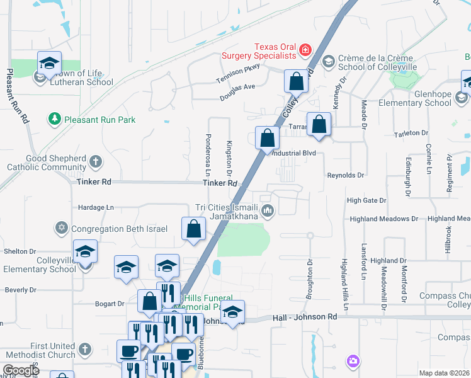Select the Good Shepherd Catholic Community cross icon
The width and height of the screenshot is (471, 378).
(95, 162)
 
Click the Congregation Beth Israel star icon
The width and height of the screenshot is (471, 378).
(62, 228)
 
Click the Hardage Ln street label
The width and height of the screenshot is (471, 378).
(96, 207)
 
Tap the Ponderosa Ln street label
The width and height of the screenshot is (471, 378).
(207, 154)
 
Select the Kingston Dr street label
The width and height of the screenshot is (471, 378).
(229, 157)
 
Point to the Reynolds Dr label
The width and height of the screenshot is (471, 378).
(346, 175)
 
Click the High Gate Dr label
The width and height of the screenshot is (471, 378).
(366, 200)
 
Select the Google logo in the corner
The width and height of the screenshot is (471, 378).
(20, 370)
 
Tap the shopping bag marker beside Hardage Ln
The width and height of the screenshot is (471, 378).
(194, 230)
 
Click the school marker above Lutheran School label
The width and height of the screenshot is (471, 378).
(49, 63)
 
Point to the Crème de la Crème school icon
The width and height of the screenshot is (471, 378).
(327, 61)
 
